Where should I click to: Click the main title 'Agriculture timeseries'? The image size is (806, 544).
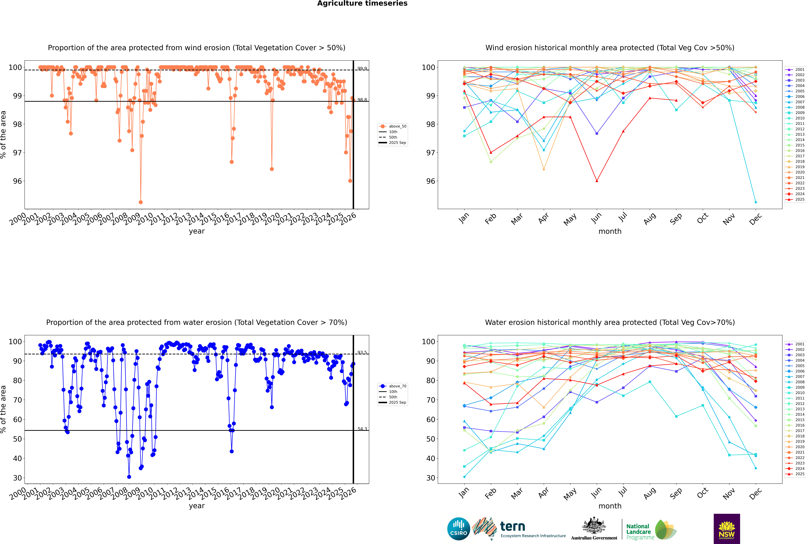362,3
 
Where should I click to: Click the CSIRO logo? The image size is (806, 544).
458,529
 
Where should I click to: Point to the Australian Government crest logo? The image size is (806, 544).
594,529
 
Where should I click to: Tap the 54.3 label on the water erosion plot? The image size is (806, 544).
362,429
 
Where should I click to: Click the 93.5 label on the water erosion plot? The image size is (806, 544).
362,353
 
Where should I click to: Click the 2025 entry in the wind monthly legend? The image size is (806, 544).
799,200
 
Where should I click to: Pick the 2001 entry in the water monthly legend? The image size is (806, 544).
799,344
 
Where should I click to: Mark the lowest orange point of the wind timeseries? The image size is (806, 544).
141,202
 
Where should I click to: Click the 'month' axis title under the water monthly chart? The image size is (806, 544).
610,506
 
